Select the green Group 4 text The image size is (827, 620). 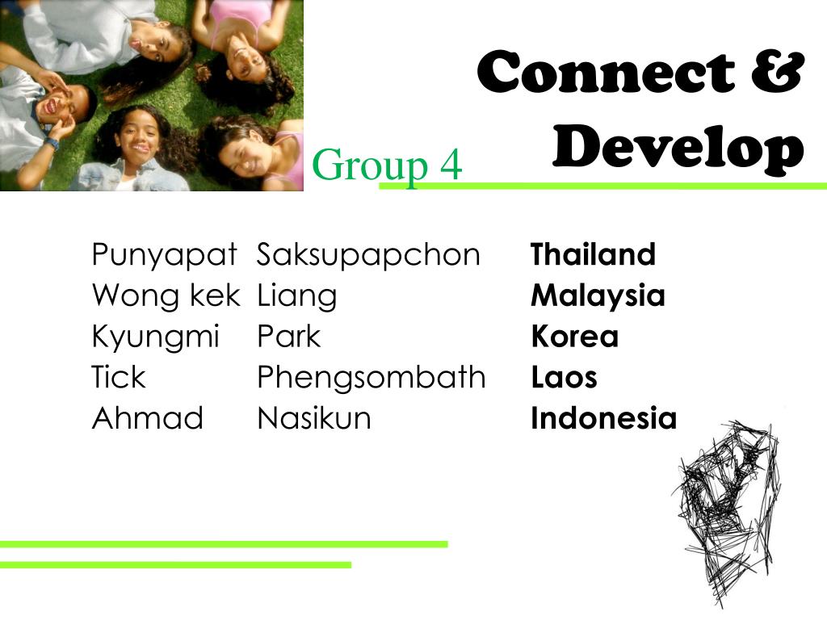pyautogui.click(x=387, y=165)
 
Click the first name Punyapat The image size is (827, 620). pyautogui.click(x=164, y=256)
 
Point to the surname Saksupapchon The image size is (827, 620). pyautogui.click(x=368, y=256)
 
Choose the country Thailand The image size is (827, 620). pyautogui.click(x=593, y=255)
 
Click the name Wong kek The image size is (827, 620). pyautogui.click(x=166, y=295)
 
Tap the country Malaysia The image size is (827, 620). pyautogui.click(x=598, y=296)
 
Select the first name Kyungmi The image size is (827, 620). pyautogui.click(x=156, y=337)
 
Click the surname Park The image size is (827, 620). pyautogui.click(x=288, y=337)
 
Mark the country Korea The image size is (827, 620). pyautogui.click(x=574, y=337)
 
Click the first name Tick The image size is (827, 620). pyautogui.click(x=119, y=377)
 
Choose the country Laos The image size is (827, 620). pyautogui.click(x=564, y=377)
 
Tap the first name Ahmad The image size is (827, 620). pyautogui.click(x=148, y=418)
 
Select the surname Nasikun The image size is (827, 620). pyautogui.click(x=314, y=418)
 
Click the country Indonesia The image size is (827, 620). pyautogui.click(x=603, y=418)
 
